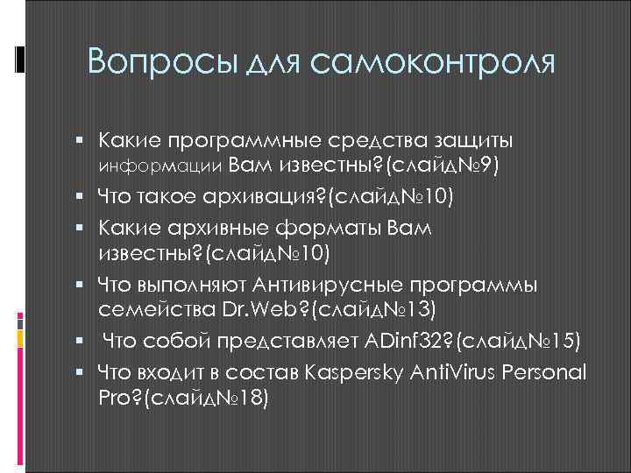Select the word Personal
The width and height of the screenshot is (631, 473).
click(x=542, y=371)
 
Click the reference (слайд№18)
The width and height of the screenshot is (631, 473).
click(x=206, y=398)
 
